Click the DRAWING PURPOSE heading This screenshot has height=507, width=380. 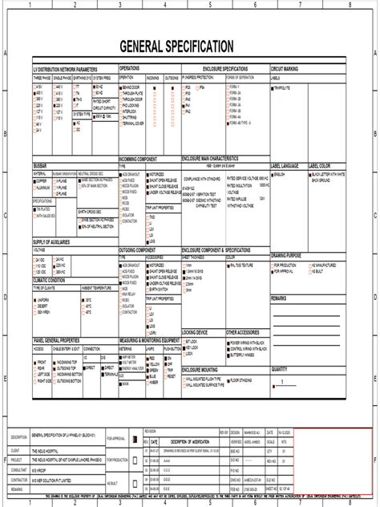(291, 254)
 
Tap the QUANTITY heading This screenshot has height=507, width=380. (280, 368)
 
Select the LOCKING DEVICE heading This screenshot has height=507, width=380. (196, 331)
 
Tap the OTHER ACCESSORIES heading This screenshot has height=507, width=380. (243, 331)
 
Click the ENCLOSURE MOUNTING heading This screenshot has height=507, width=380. (204, 369)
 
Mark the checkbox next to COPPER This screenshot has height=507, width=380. (35, 181)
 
